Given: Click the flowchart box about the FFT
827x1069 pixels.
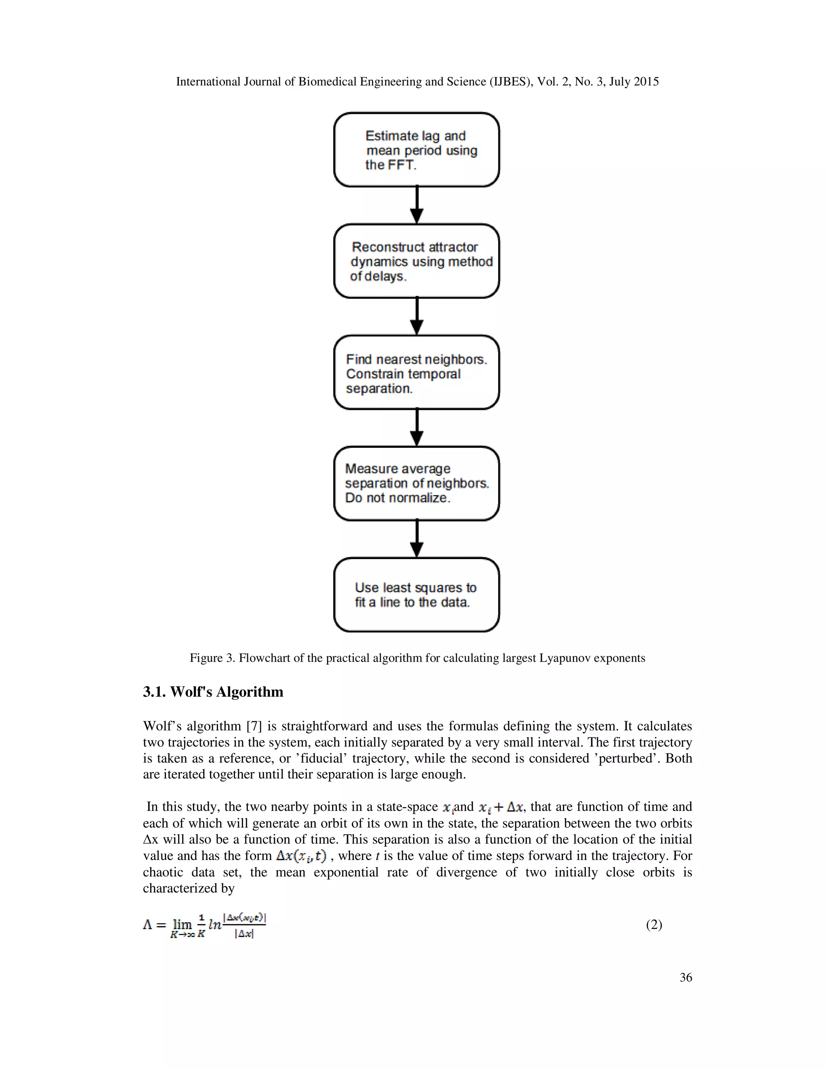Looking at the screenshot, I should [x=416, y=150].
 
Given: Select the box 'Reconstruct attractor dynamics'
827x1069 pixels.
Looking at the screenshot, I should [x=416, y=261].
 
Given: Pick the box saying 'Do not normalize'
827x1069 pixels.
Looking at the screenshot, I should [x=416, y=484].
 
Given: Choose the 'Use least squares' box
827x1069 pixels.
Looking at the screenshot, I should [x=416, y=595].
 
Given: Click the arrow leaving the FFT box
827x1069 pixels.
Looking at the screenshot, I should [x=416, y=205].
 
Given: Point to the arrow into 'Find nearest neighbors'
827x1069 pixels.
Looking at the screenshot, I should [x=416, y=316].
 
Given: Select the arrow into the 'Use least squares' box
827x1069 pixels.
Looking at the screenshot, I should [x=416, y=539].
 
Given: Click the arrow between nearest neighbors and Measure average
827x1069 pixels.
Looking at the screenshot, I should [x=416, y=427].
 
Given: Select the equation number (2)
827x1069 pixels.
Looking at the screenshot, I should [x=654, y=925].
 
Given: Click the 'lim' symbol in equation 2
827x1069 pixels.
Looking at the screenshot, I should [x=182, y=924].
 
